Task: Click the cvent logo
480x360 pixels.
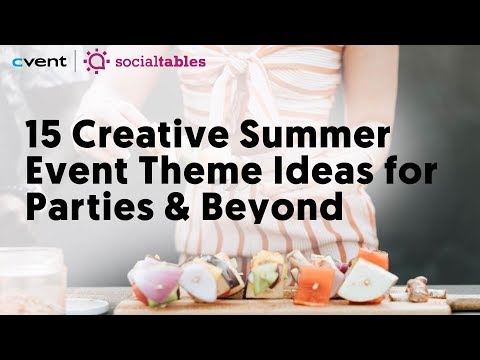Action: click(39, 61)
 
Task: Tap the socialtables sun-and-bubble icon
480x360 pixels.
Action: click(96, 61)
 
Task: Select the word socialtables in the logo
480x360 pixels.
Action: click(160, 62)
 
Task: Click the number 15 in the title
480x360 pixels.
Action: click(42, 135)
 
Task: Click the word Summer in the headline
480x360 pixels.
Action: click(315, 135)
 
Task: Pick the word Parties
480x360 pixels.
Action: click(90, 207)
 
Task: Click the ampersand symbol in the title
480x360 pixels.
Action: click(177, 207)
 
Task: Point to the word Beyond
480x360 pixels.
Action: click(272, 208)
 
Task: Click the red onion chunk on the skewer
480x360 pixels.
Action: click(157, 279)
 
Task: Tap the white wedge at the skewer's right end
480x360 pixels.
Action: click(367, 282)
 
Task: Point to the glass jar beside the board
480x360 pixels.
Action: click(32, 280)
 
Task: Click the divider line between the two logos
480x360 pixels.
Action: click(76, 61)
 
